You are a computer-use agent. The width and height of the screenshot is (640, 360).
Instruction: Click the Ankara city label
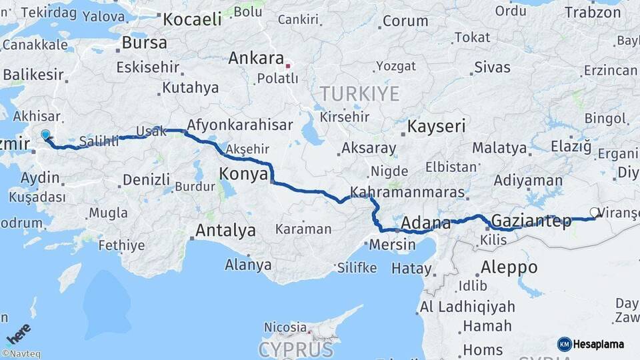pos(256,58)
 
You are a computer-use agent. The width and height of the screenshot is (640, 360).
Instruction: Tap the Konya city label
pos(243,175)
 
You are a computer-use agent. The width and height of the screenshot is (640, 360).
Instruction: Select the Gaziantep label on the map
pos(531,221)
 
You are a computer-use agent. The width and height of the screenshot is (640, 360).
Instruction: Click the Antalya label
pos(225,231)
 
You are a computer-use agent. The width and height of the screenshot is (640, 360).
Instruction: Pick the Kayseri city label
pos(436,127)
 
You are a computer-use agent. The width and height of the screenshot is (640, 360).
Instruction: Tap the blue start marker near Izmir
pos(45,135)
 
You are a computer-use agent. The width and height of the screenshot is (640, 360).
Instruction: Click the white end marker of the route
pos(594,213)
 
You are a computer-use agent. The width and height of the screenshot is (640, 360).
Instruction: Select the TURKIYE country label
pos(359,93)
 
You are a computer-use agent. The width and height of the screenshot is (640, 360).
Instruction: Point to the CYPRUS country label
pos(295,349)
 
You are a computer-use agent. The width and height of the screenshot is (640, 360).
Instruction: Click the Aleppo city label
pos(509,267)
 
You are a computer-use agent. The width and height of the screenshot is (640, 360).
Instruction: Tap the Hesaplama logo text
pos(599,344)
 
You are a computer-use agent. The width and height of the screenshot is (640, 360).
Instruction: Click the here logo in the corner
pos(18,334)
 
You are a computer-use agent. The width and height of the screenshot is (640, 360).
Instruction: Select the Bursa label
pos(144,43)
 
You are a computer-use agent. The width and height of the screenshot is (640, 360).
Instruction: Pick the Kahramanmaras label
pos(407,192)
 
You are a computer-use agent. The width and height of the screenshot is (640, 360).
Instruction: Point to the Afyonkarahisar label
pos(240,125)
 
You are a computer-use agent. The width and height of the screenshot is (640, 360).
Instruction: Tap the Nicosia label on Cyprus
pos(285,327)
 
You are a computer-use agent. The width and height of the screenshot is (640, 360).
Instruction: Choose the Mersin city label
pos(392,244)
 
